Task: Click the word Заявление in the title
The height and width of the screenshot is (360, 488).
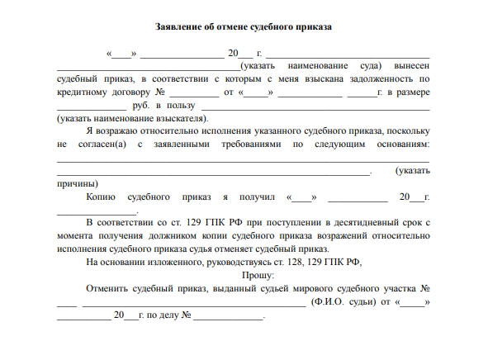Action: pos(180,26)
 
